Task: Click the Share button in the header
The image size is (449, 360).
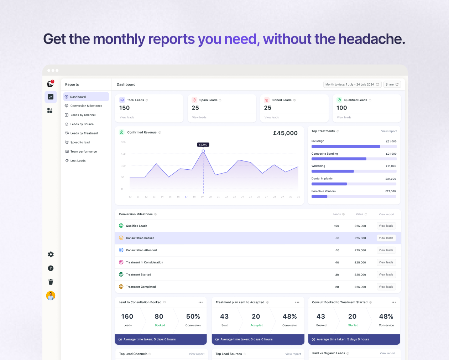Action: click(392, 84)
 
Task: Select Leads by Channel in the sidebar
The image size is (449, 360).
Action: click(83, 115)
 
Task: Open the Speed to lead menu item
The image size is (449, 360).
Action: click(80, 143)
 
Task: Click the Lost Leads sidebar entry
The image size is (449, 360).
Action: click(78, 161)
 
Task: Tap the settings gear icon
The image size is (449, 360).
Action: click(51, 254)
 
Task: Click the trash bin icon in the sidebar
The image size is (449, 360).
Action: click(51, 282)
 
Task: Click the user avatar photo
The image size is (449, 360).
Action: click(51, 296)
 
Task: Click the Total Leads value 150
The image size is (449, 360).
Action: click(124, 108)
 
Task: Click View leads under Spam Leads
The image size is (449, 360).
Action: click(199, 118)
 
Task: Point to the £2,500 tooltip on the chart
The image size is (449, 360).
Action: click(203, 145)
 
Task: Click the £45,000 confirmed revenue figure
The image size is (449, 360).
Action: click(285, 133)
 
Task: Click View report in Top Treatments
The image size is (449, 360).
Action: click(389, 131)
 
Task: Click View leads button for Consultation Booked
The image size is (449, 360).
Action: click(386, 238)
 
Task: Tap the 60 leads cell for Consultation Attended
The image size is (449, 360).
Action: click(337, 250)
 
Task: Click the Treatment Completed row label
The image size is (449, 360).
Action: click(141, 287)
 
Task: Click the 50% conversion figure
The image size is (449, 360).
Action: click(193, 317)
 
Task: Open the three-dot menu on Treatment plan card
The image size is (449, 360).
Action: click(297, 302)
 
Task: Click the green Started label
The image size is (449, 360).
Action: click(353, 325)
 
